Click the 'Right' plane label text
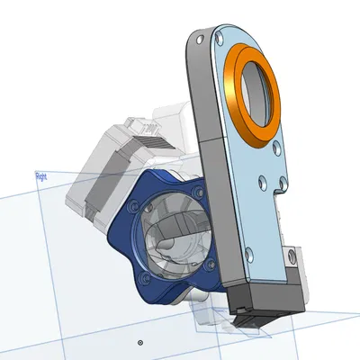40,177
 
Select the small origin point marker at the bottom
139,343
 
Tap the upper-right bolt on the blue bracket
193,191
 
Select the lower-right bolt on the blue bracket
210,266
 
